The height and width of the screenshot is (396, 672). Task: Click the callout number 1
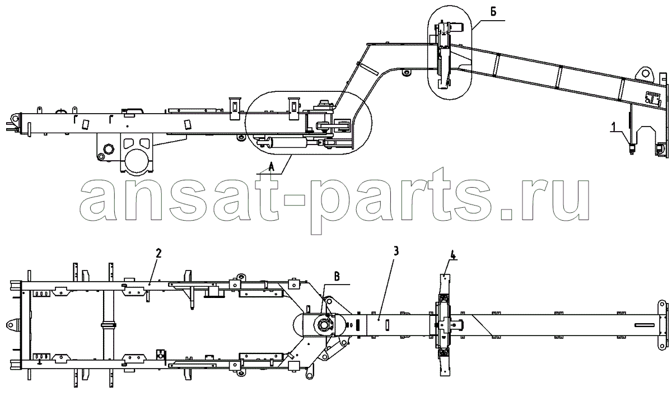click(614, 127)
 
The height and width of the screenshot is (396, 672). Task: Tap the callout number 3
click(396, 251)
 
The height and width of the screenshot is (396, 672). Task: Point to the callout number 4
click(452, 255)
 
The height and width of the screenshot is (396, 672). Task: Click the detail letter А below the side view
click(271, 166)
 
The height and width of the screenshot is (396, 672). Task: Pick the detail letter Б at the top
click(493, 12)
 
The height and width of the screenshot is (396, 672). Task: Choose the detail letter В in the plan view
click(337, 277)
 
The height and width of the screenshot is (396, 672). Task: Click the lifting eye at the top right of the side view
click(645, 73)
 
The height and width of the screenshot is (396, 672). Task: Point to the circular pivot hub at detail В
click(324, 325)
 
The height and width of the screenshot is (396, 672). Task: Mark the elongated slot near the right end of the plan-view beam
click(645, 325)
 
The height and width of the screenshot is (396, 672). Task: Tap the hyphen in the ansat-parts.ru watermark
click(294, 200)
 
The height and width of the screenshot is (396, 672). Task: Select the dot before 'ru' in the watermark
click(506, 215)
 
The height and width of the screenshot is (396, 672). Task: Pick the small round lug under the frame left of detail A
click(240, 138)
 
